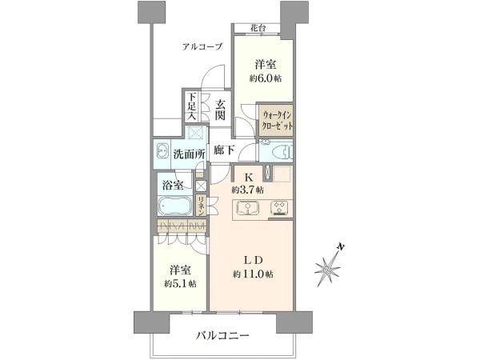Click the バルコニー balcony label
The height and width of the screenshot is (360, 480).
pos(222,336)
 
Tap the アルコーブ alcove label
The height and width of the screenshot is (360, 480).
pos(202,47)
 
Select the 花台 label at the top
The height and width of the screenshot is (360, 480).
pos(258,28)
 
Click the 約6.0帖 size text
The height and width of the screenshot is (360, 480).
pos(266,78)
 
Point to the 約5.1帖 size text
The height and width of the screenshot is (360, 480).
pos(180,284)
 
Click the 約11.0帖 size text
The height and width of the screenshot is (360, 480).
pos(253,274)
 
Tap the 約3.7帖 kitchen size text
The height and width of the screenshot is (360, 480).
pos(247,190)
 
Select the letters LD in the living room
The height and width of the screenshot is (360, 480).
pos(253,260)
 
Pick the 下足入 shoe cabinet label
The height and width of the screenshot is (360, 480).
pos(192,106)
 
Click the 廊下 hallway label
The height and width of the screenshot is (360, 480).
pos(224,150)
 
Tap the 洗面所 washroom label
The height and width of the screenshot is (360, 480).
pos(189,154)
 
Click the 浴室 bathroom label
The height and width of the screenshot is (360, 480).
pos(173,186)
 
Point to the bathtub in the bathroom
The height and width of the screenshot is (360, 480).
pos(175,206)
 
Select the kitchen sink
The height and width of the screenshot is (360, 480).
pos(248,208)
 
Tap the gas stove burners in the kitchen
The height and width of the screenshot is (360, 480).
pos(280,208)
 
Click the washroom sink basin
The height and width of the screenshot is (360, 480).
pos(162,151)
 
